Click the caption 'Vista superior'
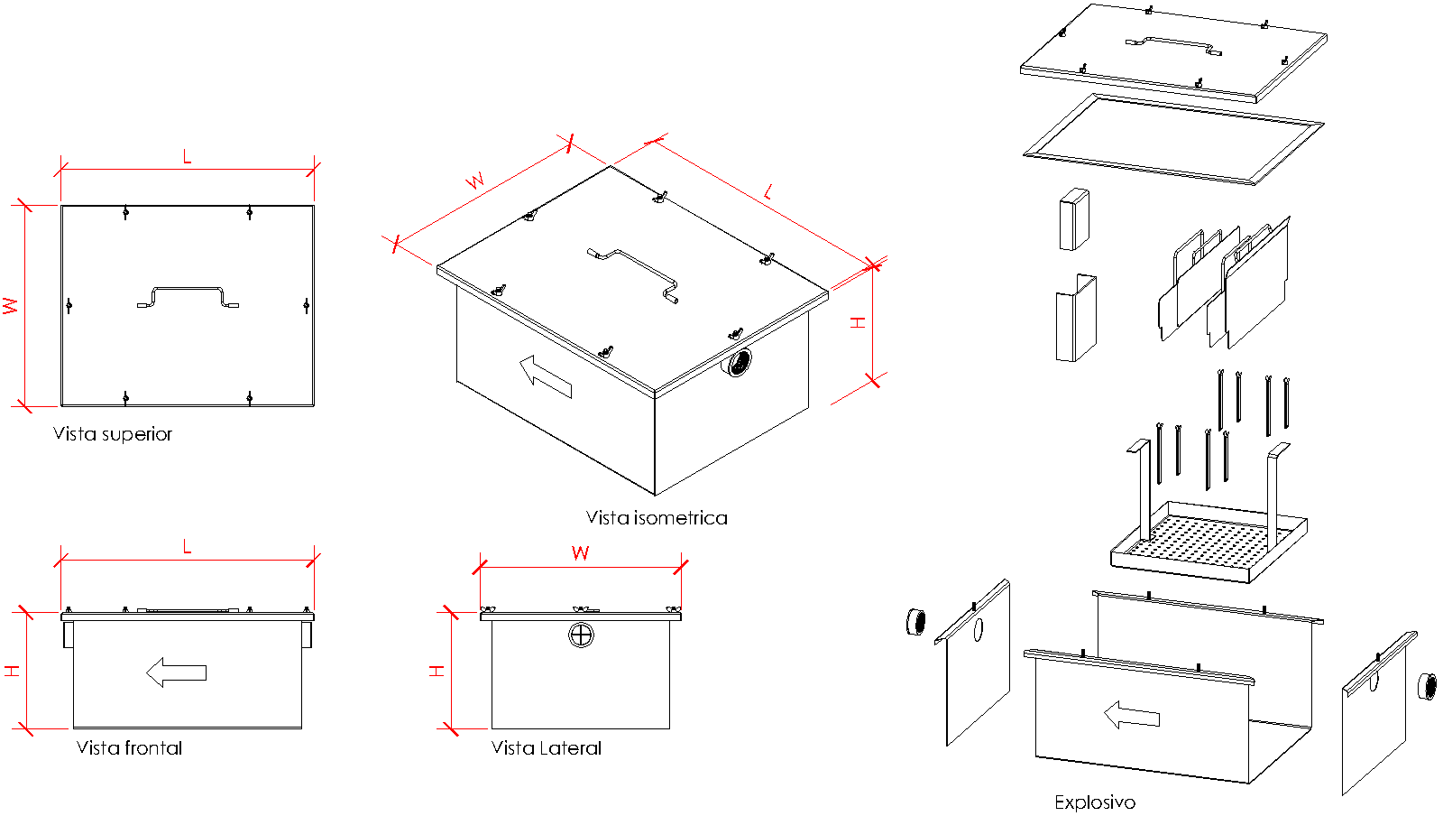[112, 434]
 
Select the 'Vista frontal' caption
[129, 748]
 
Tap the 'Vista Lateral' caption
[546, 748]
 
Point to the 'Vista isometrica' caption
[657, 518]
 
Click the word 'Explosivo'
[1095, 802]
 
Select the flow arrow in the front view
[177, 672]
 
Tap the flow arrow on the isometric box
[546, 376]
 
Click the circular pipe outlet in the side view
[582, 635]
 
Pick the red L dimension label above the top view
[188, 158]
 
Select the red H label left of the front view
[12, 672]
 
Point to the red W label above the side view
[581, 553]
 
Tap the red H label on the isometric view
[859, 322]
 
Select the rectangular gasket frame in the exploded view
[1173, 139]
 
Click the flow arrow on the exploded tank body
[1132, 716]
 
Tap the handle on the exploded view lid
[1173, 44]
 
